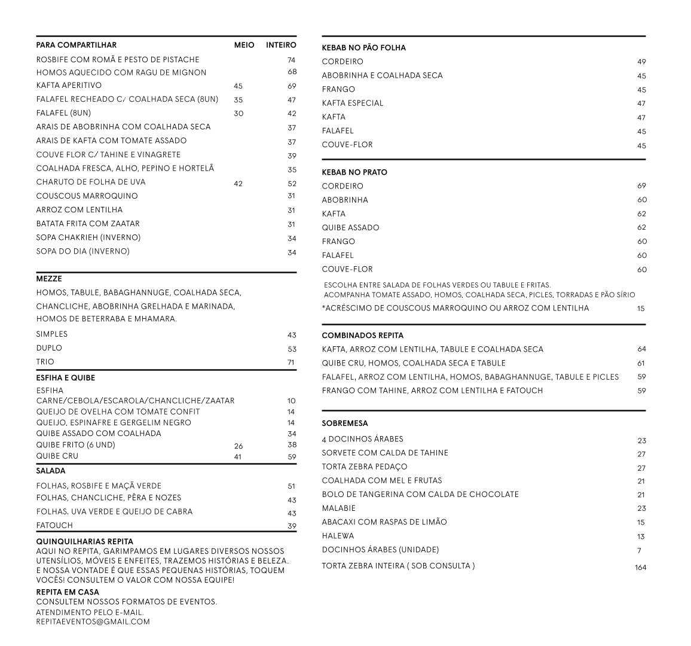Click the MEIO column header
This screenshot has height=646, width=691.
[244, 45]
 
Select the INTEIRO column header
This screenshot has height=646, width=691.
[281, 45]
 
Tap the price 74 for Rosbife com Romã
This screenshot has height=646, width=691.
[292, 60]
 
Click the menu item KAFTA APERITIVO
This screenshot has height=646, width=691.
[69, 86]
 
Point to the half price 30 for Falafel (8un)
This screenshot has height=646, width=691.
[239, 114]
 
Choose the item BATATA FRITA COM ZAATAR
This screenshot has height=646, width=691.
[88, 224]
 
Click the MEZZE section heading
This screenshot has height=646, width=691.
[49, 279]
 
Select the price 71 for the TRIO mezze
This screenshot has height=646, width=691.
[292, 362]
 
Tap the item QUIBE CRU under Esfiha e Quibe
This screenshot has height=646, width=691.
[57, 456]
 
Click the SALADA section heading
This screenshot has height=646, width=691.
[51, 471]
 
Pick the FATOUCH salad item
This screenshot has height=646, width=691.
[54, 526]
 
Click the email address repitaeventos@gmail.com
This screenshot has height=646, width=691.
[93, 621]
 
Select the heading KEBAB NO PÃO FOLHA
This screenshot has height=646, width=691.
[363, 48]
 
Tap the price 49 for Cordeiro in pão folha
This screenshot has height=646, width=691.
[641, 62]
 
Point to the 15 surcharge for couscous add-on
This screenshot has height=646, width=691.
[641, 309]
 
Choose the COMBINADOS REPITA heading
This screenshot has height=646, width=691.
[362, 336]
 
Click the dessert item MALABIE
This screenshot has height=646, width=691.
[338, 508]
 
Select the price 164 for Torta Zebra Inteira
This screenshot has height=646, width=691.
[640, 568]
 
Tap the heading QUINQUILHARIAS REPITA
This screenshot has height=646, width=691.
[84, 542]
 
